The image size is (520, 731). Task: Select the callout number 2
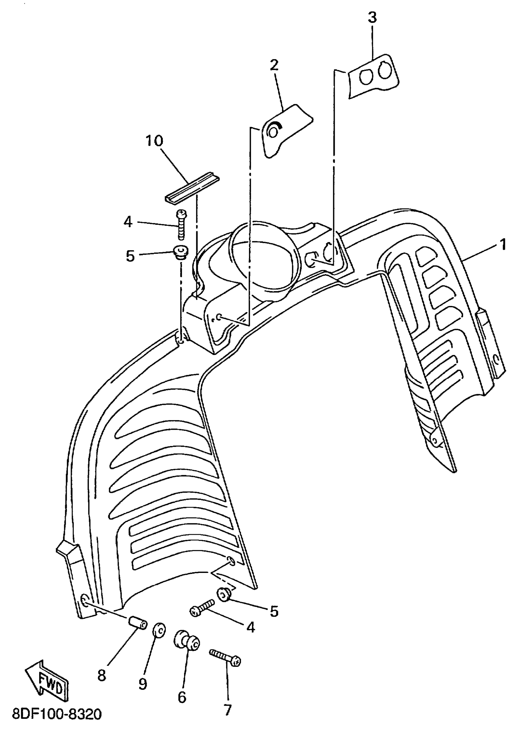pyautogui.click(x=274, y=66)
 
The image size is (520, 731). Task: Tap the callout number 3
pyautogui.click(x=372, y=18)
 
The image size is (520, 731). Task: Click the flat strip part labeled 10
pyautogui.click(x=192, y=189)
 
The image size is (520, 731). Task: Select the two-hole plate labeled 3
pyautogui.click(x=373, y=77)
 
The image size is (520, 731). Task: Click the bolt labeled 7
pyautogui.click(x=225, y=658)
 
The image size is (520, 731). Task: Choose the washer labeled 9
pyautogui.click(x=159, y=630)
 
